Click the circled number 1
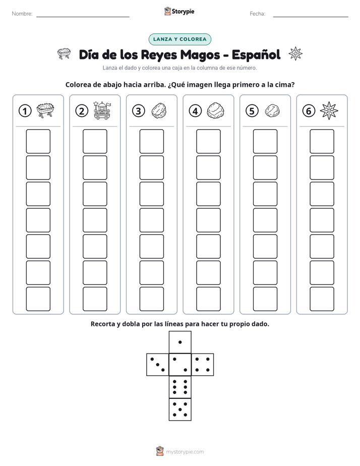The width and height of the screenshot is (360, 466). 25,111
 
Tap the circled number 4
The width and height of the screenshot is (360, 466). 195,111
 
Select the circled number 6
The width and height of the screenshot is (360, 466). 309,111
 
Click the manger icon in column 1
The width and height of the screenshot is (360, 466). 45,110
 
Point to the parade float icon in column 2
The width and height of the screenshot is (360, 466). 102,110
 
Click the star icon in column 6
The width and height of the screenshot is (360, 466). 329,111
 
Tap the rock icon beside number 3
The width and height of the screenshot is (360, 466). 159,111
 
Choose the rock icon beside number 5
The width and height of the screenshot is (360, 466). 272,111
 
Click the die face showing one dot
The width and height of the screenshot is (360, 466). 180,342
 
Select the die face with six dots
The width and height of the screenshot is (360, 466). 180,387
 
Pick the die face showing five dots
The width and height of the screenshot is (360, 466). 180,410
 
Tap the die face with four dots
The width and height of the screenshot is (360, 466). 203,365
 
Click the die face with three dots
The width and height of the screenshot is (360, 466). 158,365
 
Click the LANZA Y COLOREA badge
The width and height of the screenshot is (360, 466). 179,39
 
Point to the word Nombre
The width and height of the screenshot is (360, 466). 22,14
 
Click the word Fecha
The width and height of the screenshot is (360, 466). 257,14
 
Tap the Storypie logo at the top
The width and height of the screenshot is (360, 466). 179,12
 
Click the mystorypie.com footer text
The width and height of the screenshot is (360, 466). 185,452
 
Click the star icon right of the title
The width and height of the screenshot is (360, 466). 295,54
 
